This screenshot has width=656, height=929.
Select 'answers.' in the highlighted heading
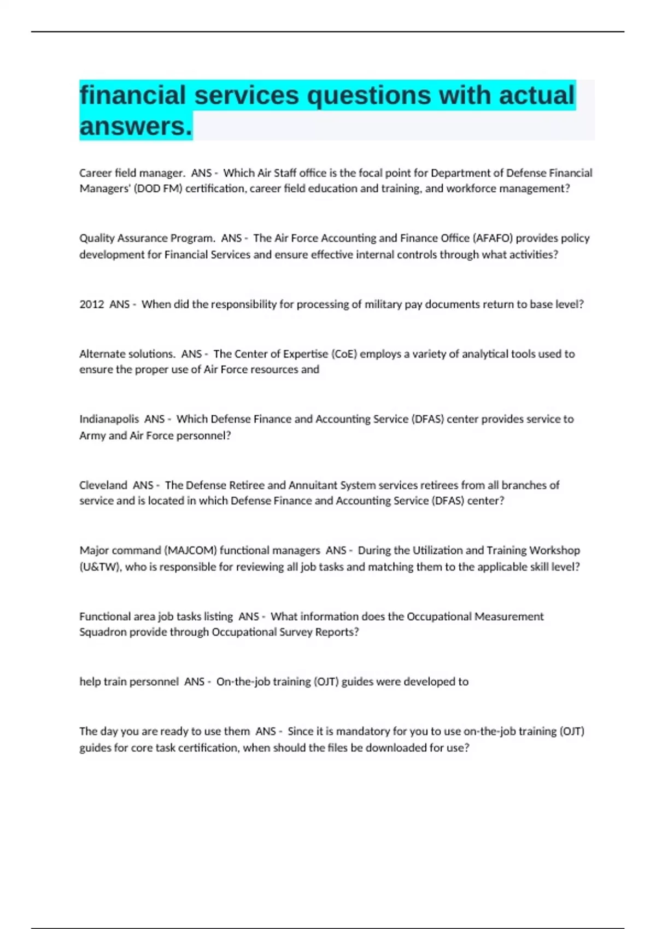click(x=136, y=126)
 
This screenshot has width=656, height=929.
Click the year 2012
click(x=91, y=304)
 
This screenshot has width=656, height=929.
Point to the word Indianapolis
click(x=109, y=419)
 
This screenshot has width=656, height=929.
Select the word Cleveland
click(x=103, y=485)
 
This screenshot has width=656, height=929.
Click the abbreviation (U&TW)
click(x=99, y=567)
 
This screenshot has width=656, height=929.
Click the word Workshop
click(x=554, y=550)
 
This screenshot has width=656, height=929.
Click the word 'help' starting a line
click(x=90, y=682)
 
